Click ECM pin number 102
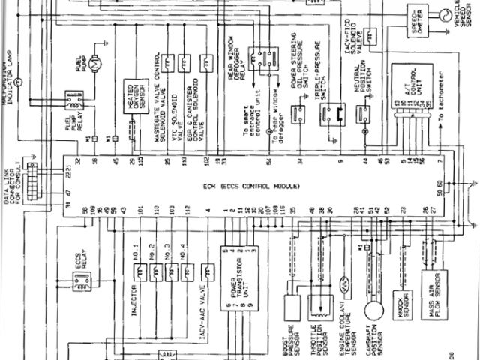[204, 160]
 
